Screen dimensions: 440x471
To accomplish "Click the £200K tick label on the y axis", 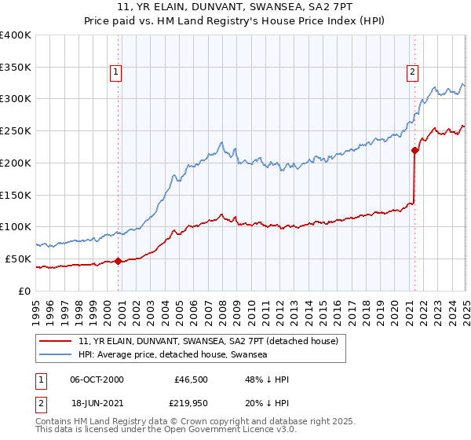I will click(16, 163).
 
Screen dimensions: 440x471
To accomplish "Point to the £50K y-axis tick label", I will click(18, 258).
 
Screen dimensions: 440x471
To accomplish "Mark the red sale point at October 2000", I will click(119, 261).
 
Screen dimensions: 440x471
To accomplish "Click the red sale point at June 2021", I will click(414, 150).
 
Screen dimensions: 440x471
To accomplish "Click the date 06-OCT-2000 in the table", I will click(97, 380).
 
